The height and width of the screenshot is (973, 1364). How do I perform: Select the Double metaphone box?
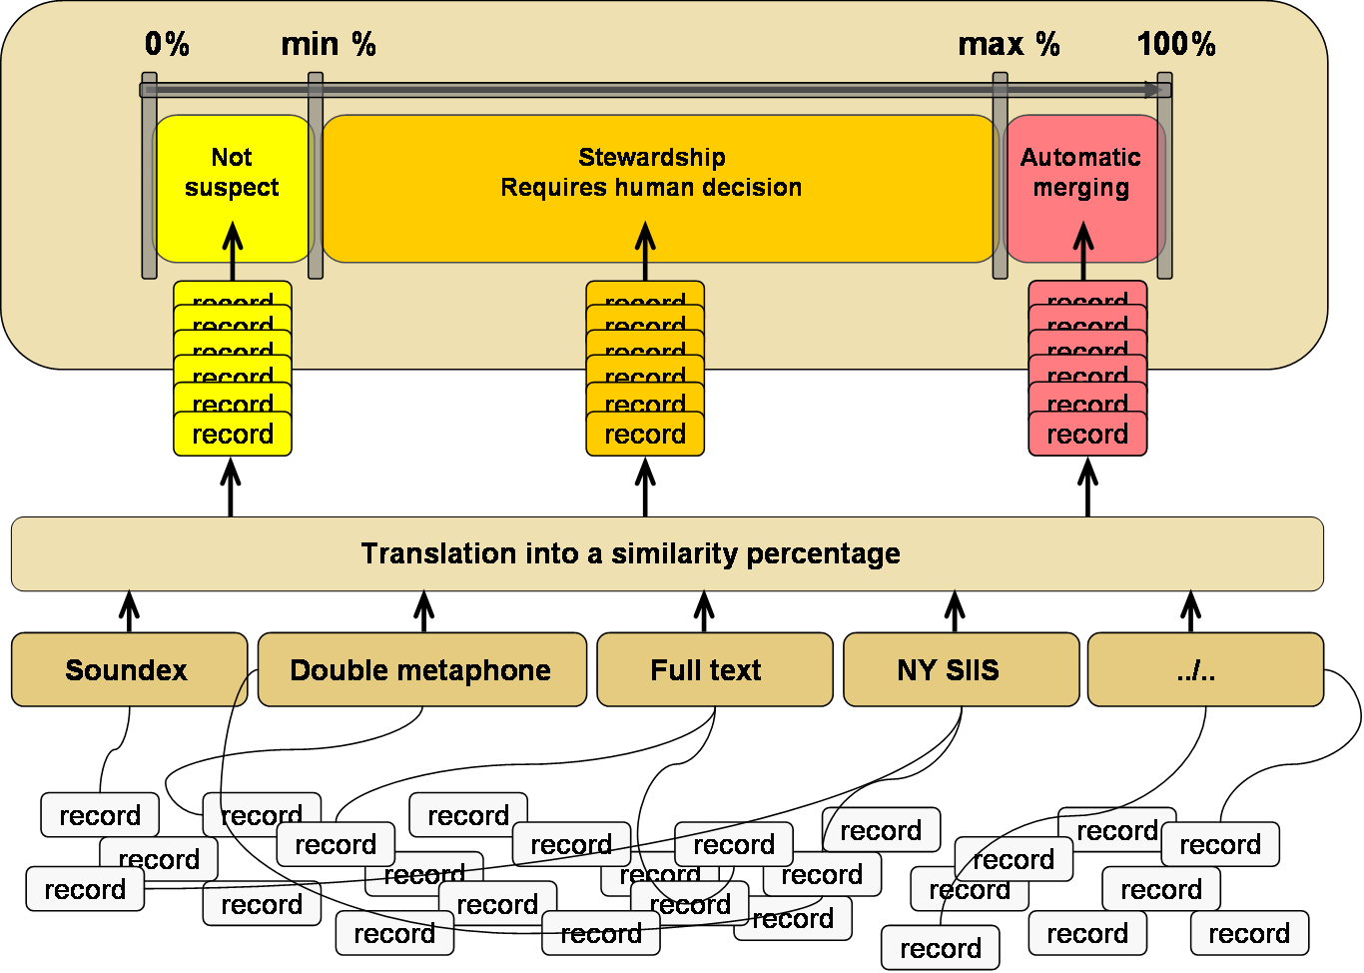click(421, 669)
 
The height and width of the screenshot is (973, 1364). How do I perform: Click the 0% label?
click(167, 44)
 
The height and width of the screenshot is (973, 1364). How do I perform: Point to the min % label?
click(329, 44)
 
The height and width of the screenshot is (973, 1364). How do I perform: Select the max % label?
click(1009, 44)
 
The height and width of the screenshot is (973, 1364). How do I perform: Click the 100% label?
click(1176, 44)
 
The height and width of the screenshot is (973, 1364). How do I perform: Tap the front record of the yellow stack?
click(233, 435)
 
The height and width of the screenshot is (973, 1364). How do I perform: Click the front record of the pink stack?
click(1087, 435)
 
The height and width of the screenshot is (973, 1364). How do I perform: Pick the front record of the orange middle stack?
click(645, 435)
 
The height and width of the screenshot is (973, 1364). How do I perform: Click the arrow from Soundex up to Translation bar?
click(129, 611)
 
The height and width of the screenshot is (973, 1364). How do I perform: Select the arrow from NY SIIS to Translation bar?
click(956, 611)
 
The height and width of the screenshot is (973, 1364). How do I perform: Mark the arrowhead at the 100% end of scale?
click(1151, 90)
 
